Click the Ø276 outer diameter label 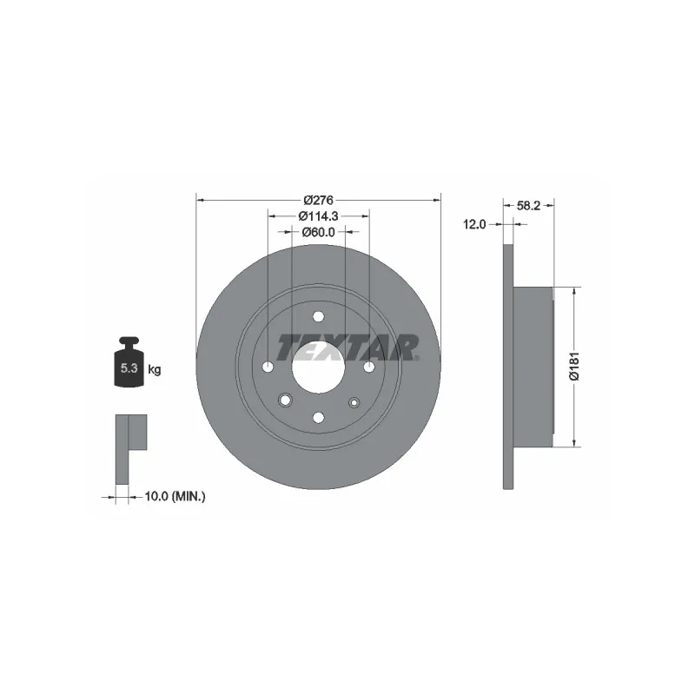(318, 201)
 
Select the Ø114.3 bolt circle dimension (318, 215)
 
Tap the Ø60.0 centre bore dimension (318, 232)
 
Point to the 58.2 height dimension (528, 206)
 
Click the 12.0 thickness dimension (474, 225)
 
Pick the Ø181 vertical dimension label (574, 366)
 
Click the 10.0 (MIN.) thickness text (175, 497)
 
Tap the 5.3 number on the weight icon (129, 367)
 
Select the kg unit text (155, 368)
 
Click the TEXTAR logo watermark (348, 347)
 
